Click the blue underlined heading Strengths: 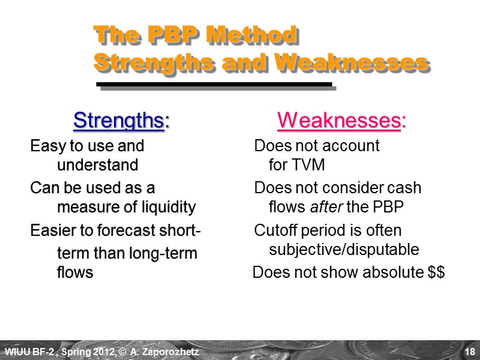pyautogui.click(x=121, y=121)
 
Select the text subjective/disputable pyautogui.click(x=344, y=249)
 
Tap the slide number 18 pyautogui.click(x=469, y=351)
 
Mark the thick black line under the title pyautogui.click(x=214, y=84)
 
